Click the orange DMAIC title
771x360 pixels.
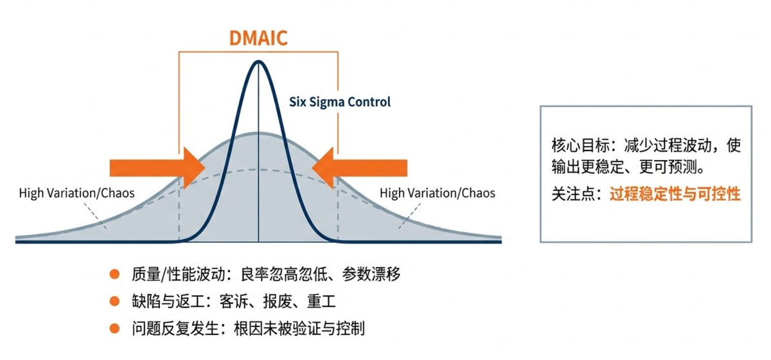[258, 38]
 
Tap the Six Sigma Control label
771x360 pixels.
[340, 102]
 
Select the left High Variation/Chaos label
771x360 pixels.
[76, 194]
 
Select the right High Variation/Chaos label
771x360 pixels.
[438, 194]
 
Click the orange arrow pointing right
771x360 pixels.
[157, 168]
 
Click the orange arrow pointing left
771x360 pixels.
[360, 168]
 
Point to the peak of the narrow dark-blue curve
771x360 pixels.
[258, 61]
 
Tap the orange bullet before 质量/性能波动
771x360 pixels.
[114, 274]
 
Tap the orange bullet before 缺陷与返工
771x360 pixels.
[114, 301]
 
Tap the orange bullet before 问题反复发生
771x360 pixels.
[114, 328]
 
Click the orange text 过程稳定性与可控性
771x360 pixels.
[675, 194]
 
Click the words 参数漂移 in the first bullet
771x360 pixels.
[371, 274]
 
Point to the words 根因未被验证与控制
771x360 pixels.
[299, 328]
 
